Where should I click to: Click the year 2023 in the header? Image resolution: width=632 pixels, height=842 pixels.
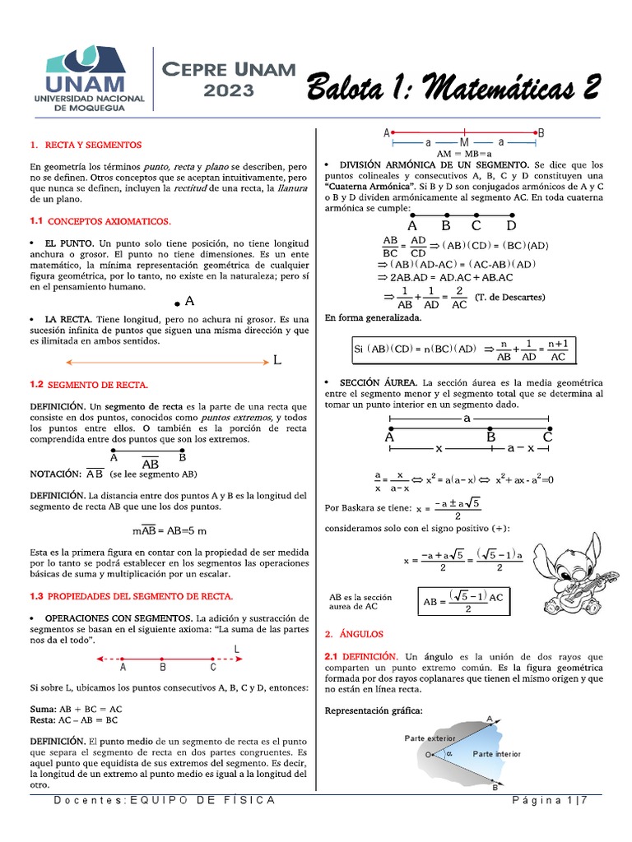[x=227, y=90]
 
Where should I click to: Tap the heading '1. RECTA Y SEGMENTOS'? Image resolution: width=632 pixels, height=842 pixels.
[x=85, y=145]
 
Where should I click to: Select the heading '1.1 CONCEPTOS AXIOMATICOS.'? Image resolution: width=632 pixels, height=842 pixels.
[x=100, y=222]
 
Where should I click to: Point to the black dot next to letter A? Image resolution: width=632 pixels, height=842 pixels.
[x=178, y=303]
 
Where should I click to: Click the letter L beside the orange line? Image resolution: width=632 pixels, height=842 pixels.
[x=276, y=361]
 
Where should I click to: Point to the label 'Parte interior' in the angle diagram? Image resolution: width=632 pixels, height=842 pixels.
[x=497, y=753]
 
